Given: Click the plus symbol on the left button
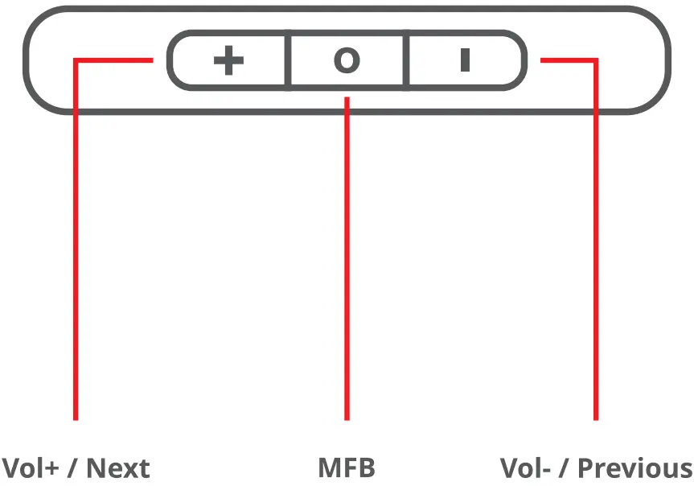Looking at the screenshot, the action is tap(228, 61).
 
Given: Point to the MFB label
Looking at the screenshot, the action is tap(347, 468).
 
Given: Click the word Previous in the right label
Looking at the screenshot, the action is tap(635, 468).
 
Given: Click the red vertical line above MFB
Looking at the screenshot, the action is tap(347, 257).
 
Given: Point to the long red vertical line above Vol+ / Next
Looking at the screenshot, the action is tap(76, 257).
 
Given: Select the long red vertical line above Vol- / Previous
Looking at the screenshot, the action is tap(596, 257).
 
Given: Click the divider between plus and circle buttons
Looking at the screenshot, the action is tap(289, 60).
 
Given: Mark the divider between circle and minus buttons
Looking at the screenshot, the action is tap(408, 60).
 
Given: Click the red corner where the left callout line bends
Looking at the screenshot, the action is tap(76, 60).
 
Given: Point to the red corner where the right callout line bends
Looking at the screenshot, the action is tap(596, 60).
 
